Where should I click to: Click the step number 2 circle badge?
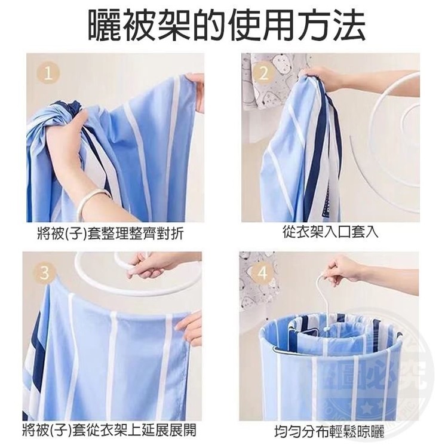[263, 73]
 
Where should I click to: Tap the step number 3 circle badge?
[44, 272]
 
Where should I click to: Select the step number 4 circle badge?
[262, 272]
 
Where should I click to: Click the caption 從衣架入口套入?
[330, 232]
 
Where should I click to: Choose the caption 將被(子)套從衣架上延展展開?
[109, 431]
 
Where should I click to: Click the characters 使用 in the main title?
[245, 26]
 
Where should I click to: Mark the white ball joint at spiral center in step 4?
[326, 330]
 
